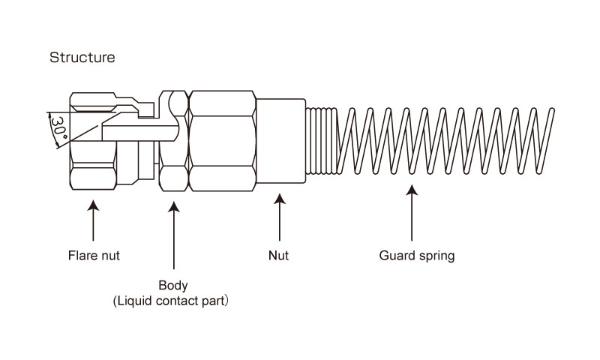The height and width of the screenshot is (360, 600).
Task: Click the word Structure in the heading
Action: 82,57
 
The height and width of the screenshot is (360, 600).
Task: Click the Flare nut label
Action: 93,256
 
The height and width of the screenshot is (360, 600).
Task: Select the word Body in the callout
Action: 173,286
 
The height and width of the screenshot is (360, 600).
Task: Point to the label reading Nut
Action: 278,256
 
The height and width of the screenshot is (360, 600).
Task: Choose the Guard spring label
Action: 416,256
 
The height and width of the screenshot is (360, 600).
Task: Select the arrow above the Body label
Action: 173,232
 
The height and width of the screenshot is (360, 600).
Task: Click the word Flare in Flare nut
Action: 79,256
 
